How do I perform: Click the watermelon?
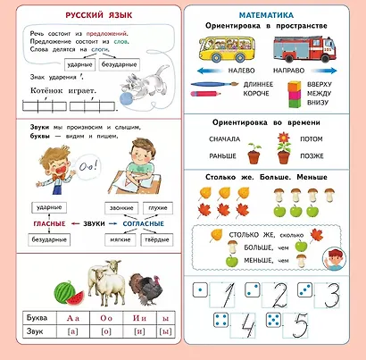tap(62, 293)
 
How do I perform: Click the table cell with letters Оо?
tap(106, 317)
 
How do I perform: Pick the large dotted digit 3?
tap(332, 295)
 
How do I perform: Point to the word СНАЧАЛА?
tap(225, 138)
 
